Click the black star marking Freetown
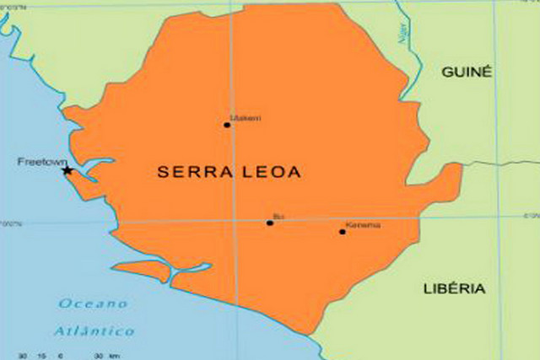pyautogui.click(x=67, y=170)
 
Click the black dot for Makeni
pyautogui.click(x=227, y=125)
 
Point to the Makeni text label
pyautogui.click(x=246, y=118)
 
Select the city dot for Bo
pyautogui.click(x=270, y=223)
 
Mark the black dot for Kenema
pyautogui.click(x=343, y=231)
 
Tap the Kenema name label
pyautogui.click(x=363, y=225)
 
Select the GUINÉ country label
pyautogui.click(x=466, y=73)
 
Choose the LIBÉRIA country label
pyautogui.click(x=454, y=289)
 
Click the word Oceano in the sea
pyautogui.click(x=94, y=304)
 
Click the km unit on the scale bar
pyautogui.click(x=113, y=357)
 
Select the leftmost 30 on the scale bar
pyautogui.click(x=23, y=357)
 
